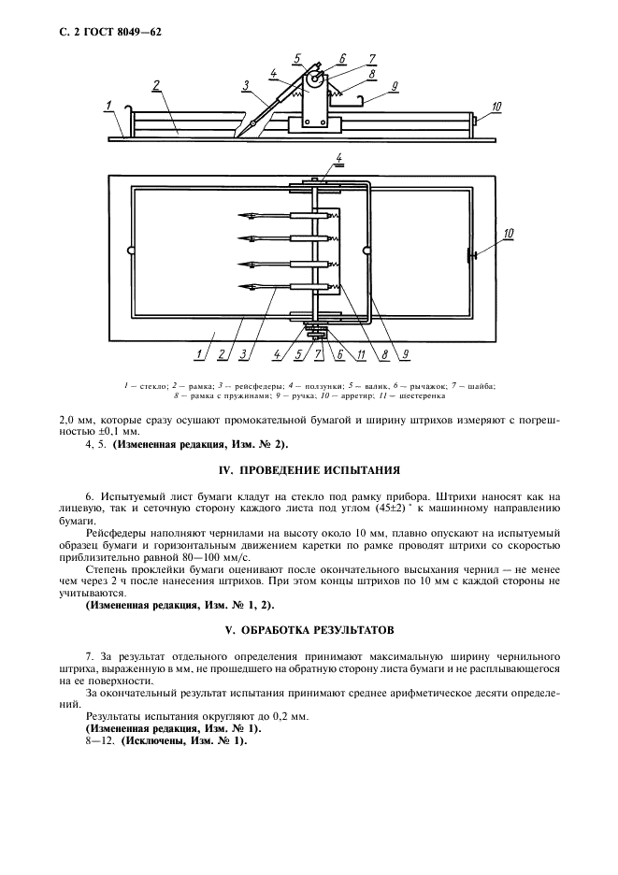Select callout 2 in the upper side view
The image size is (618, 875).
[157, 85]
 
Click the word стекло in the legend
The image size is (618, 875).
[150, 385]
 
